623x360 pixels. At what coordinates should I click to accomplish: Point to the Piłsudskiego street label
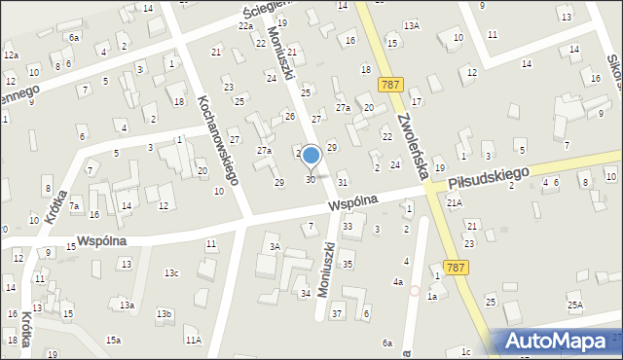(x=489, y=178)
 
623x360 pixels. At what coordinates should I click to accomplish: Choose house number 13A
(x=412, y=25)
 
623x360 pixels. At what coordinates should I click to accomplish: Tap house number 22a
(x=245, y=26)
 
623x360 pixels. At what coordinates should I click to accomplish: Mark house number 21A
(x=455, y=202)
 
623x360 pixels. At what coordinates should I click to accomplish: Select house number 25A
(x=575, y=306)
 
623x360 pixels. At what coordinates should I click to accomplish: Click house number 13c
(x=171, y=272)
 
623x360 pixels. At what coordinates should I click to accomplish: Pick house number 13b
(x=165, y=313)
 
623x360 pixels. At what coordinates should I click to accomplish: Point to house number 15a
(x=114, y=339)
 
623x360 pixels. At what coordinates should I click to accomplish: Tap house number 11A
(x=194, y=340)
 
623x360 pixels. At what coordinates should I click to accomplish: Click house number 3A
(x=275, y=247)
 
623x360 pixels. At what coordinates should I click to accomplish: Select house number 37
(x=337, y=313)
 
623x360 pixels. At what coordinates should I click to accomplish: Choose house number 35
(x=348, y=264)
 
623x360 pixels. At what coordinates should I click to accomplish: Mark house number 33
(x=348, y=227)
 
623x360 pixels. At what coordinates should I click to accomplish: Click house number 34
(x=305, y=293)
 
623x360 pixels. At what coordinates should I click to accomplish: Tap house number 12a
(x=11, y=54)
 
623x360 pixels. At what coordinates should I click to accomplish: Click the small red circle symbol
(x=415, y=290)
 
